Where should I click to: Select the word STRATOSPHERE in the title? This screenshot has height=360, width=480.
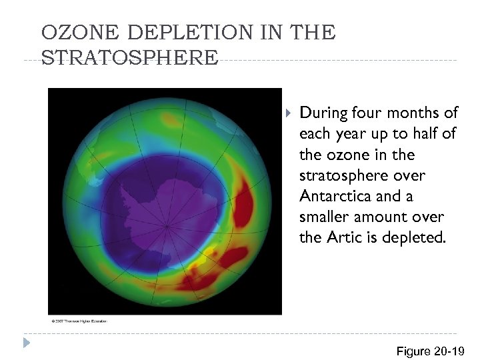point(129,57)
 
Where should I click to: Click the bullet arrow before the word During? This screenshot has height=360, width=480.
point(288,112)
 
